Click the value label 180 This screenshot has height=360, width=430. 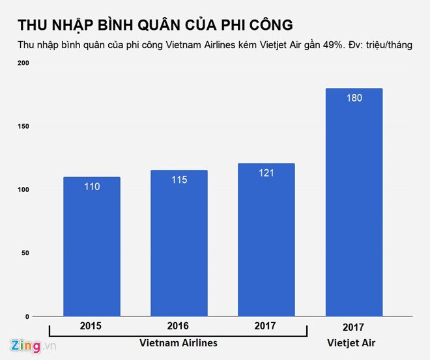[353, 98]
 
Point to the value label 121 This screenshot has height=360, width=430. [266, 173]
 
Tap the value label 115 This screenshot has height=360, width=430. [179, 180]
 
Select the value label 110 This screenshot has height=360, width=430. [91, 187]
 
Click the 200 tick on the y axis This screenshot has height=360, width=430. [23, 63]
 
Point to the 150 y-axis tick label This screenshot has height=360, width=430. [23, 126]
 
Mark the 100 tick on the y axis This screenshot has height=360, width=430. [23, 190]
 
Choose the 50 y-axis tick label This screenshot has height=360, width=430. [25, 253]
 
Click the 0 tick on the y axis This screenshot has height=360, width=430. [27, 316]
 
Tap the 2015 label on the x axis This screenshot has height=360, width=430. [91, 325]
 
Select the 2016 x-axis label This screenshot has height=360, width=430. [179, 325]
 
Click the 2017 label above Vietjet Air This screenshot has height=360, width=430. [353, 327]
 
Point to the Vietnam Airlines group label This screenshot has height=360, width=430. [179, 343]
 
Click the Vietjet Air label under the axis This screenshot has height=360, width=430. [353, 343]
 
